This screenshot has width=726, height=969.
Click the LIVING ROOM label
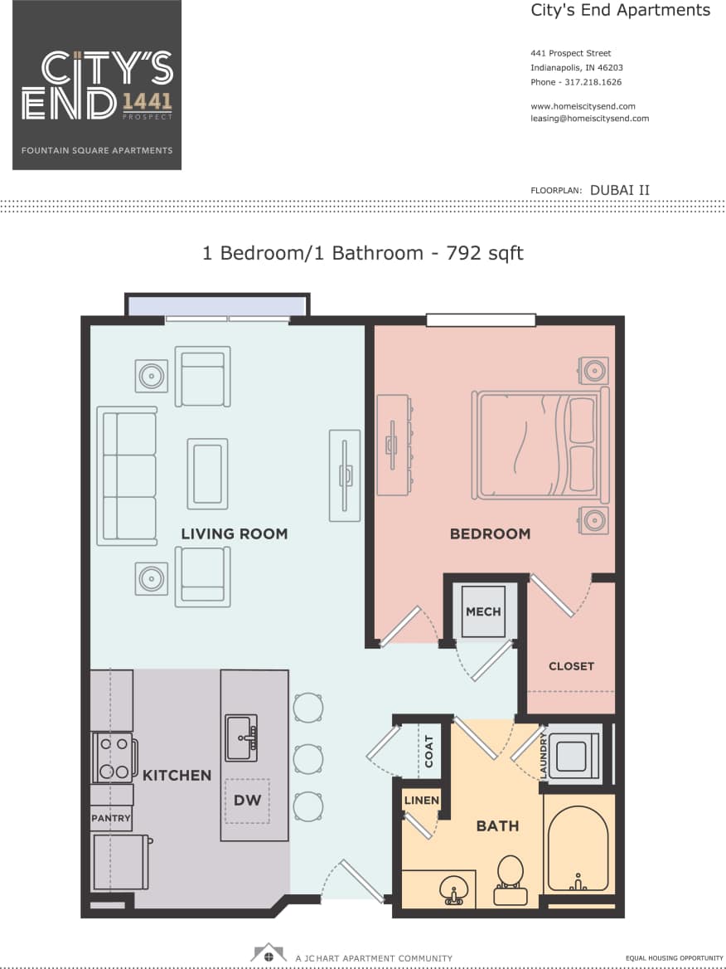click(x=235, y=533)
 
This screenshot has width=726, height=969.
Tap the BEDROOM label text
click(x=490, y=533)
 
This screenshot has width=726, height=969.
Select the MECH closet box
click(x=483, y=612)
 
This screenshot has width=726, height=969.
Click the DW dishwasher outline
click(x=247, y=801)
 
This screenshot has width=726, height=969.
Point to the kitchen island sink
click(x=241, y=737)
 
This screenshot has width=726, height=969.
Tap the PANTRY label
click(x=111, y=818)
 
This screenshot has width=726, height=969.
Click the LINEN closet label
click(x=421, y=801)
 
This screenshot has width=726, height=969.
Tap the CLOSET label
click(x=571, y=666)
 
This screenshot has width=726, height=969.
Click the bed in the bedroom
click(x=540, y=446)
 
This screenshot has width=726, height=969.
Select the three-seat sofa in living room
click(x=127, y=475)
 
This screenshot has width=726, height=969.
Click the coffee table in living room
click(x=207, y=473)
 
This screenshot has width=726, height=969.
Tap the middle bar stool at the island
click(x=308, y=757)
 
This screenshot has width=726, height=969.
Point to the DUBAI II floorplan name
click(x=619, y=189)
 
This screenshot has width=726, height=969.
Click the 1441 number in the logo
click(x=147, y=102)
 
